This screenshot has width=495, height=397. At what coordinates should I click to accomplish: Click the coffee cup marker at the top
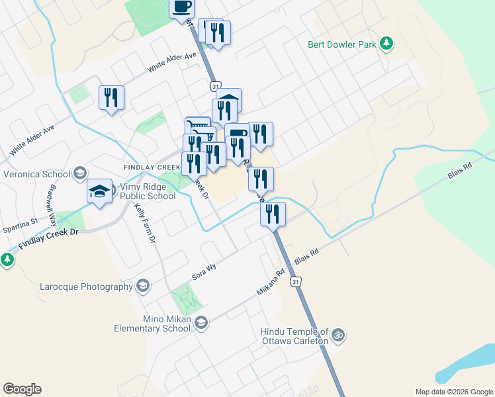coord(182,8)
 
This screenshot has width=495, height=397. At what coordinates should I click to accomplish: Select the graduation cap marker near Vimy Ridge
coord(99,192)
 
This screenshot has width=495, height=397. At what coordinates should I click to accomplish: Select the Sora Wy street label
coord(204,267)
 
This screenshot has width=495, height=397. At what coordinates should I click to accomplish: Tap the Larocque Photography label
coord(86,287)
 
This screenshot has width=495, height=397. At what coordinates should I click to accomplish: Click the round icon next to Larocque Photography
coord(142,286)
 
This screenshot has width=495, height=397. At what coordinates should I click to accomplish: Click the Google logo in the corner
coord(22,389)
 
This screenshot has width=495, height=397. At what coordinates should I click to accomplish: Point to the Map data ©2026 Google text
coord(453,392)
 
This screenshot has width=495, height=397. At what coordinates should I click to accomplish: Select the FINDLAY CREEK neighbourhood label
coord(152,167)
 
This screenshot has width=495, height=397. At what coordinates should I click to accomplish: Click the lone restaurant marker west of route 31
coord(111,98)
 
